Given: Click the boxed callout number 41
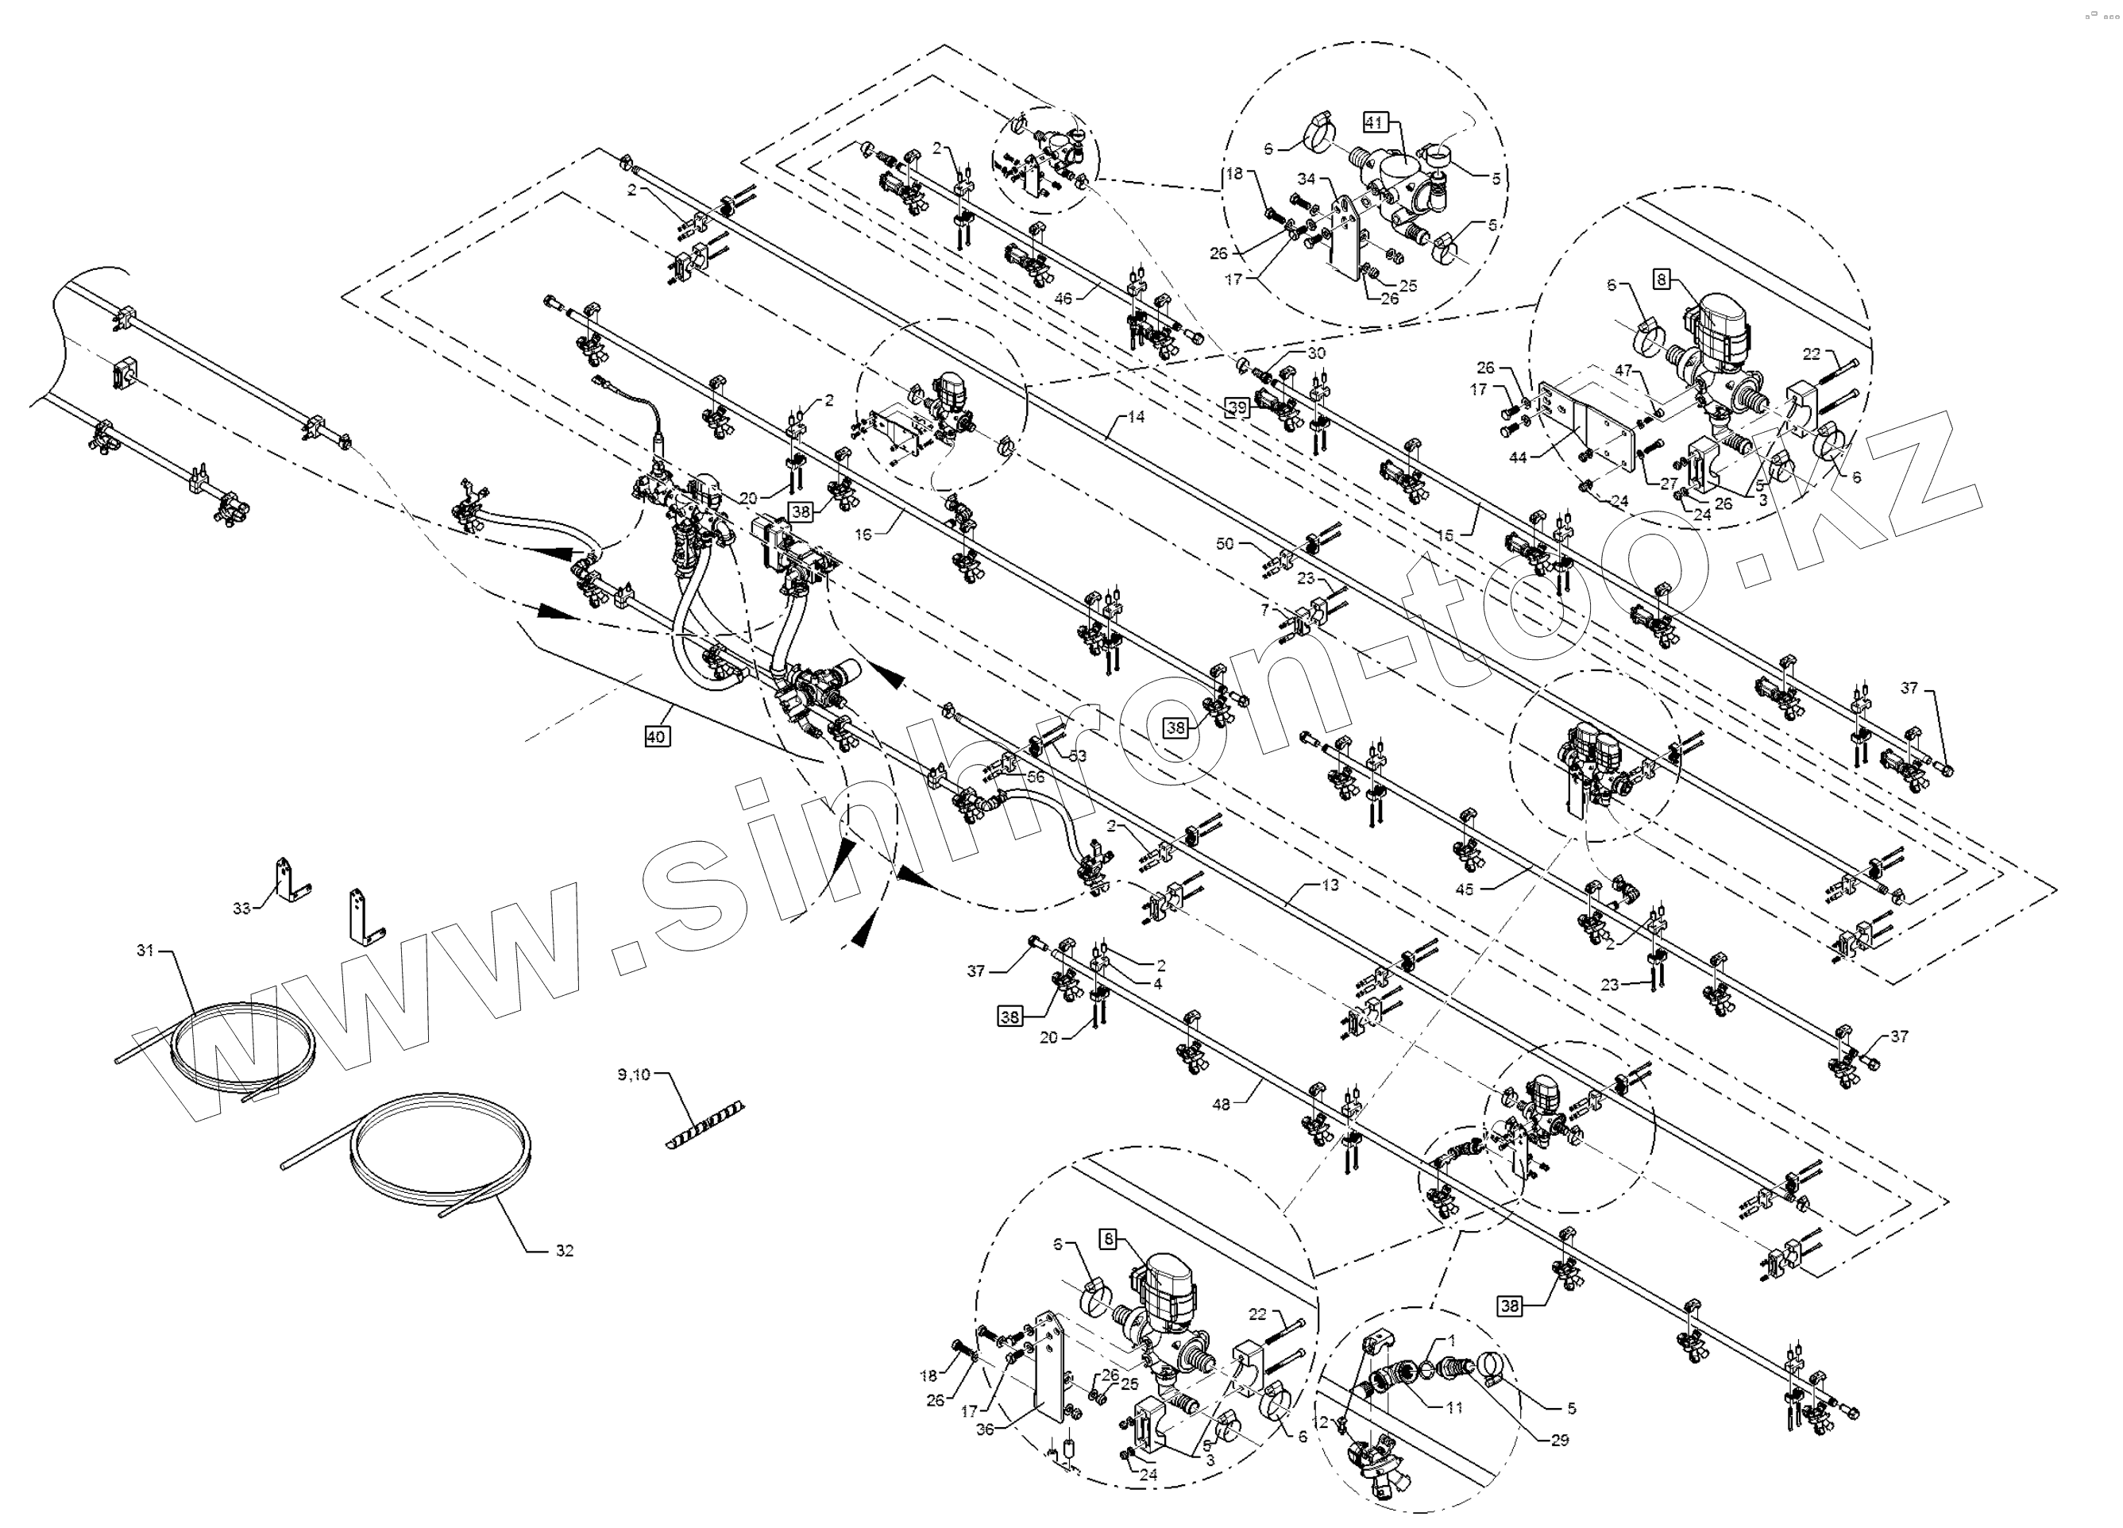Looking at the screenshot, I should pos(1373,122).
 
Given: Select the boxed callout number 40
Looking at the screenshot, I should pos(656,737).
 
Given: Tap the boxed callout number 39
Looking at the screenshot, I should pos(1237,407).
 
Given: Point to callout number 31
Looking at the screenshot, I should pos(145,951).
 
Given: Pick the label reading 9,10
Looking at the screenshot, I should pos(633,1075).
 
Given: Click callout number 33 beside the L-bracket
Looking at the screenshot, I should pos(241,909).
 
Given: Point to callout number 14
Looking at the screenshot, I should pos(1136,417).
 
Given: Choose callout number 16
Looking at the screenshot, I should pos(863,534).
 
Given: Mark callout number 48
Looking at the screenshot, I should pos(1221,1105).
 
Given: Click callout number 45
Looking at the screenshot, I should pos(1464,889).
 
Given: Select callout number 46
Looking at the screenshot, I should pos(1063,298).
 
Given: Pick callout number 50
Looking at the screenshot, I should pos(1225,543).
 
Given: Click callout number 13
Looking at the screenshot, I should pos(1330,885).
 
